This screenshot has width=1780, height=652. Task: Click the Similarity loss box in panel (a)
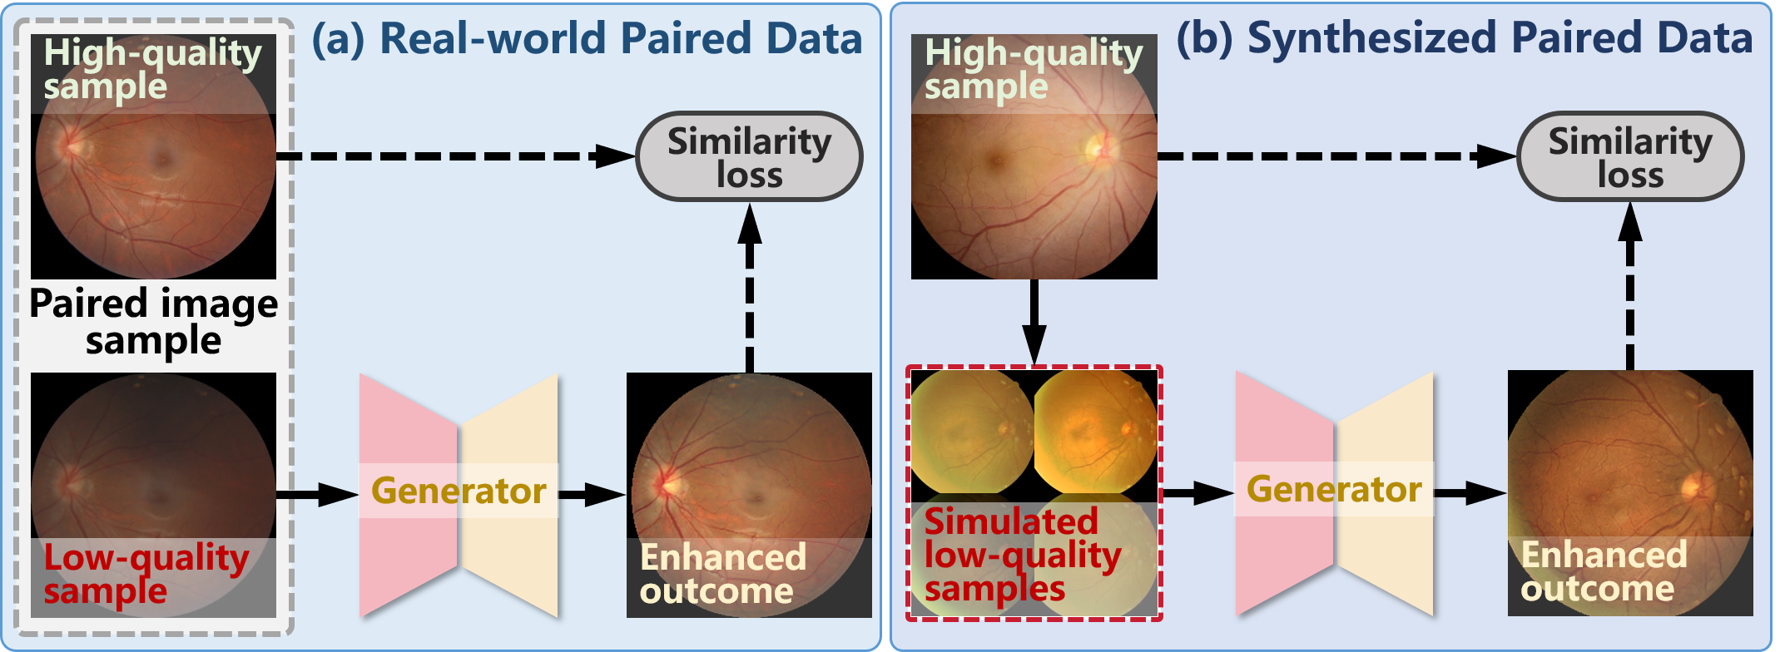coord(749,156)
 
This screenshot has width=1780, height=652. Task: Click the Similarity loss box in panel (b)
coord(1629,156)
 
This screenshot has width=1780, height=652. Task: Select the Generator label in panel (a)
coord(459,491)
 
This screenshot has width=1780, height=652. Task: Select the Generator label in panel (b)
coord(1334,489)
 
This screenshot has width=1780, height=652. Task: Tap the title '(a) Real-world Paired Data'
coord(587,39)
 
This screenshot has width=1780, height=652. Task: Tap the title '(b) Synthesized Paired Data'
coord(1465,38)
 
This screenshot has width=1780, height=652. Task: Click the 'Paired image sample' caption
coord(154,322)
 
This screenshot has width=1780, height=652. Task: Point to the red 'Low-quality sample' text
coord(146,574)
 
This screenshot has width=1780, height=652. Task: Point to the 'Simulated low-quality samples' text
coord(1022,555)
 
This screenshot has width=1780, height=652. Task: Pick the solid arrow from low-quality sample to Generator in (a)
coord(316,495)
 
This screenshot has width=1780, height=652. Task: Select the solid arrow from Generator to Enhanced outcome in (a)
coord(592,495)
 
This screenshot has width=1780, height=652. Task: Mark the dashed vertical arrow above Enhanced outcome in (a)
coord(750,287)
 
